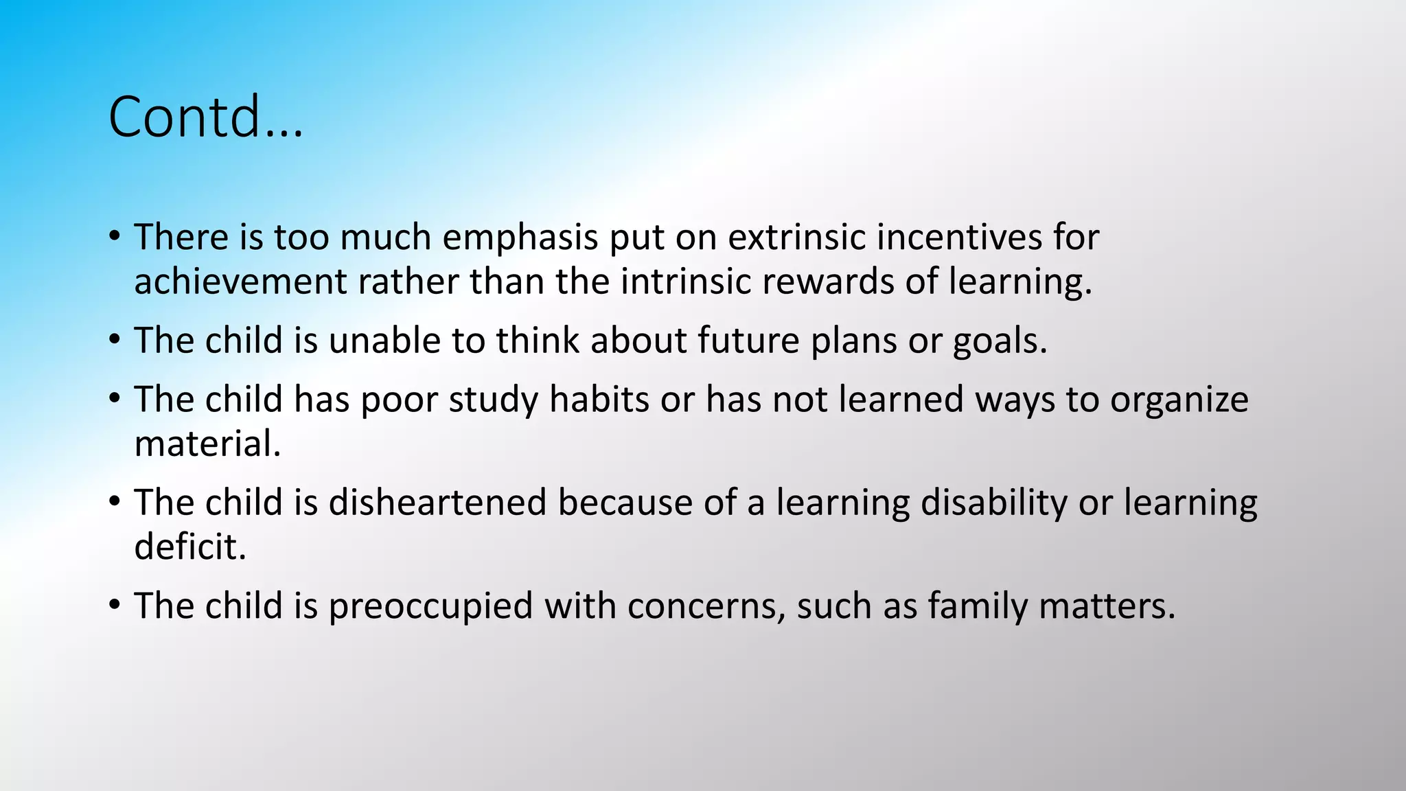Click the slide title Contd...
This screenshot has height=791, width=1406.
(205, 117)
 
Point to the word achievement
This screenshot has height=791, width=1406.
(240, 282)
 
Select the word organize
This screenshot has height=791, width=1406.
(1179, 400)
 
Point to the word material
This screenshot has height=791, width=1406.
(207, 444)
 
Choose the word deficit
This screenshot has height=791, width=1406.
(189, 547)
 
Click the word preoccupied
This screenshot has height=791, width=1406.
(430, 607)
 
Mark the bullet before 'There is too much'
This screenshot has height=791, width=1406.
(115, 238)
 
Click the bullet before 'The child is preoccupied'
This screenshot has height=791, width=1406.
(115, 606)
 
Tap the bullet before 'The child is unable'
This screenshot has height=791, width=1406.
(115, 341)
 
